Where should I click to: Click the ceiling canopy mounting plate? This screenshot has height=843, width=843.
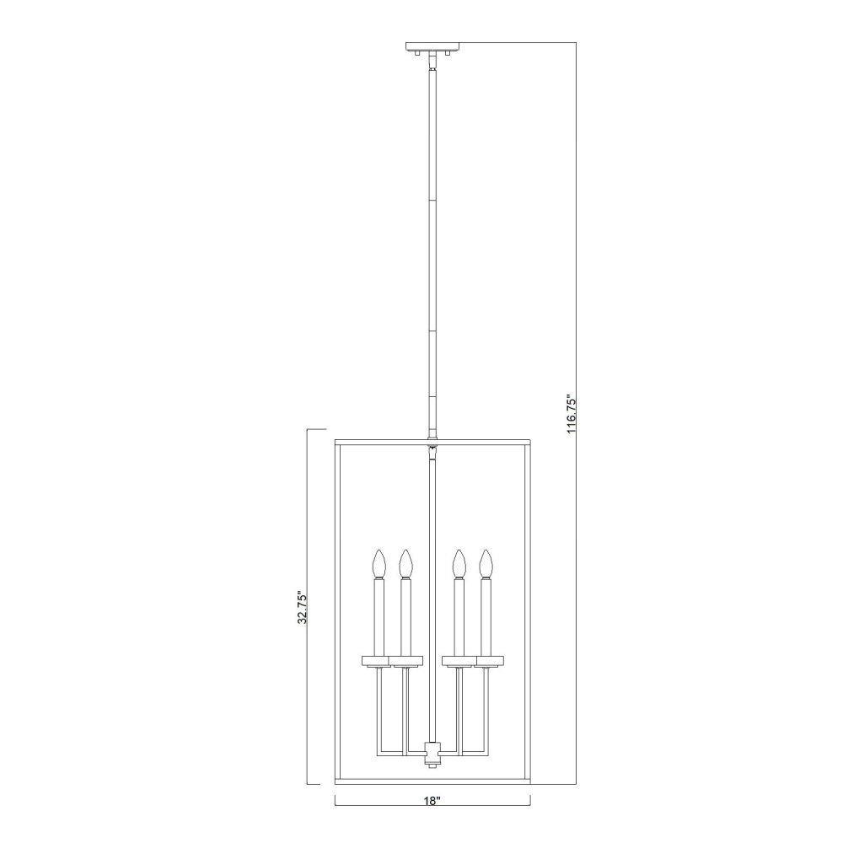432,46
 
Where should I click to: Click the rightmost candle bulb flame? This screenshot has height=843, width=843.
486,563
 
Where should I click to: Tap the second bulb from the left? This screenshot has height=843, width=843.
406,563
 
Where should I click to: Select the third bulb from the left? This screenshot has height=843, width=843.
459,563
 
